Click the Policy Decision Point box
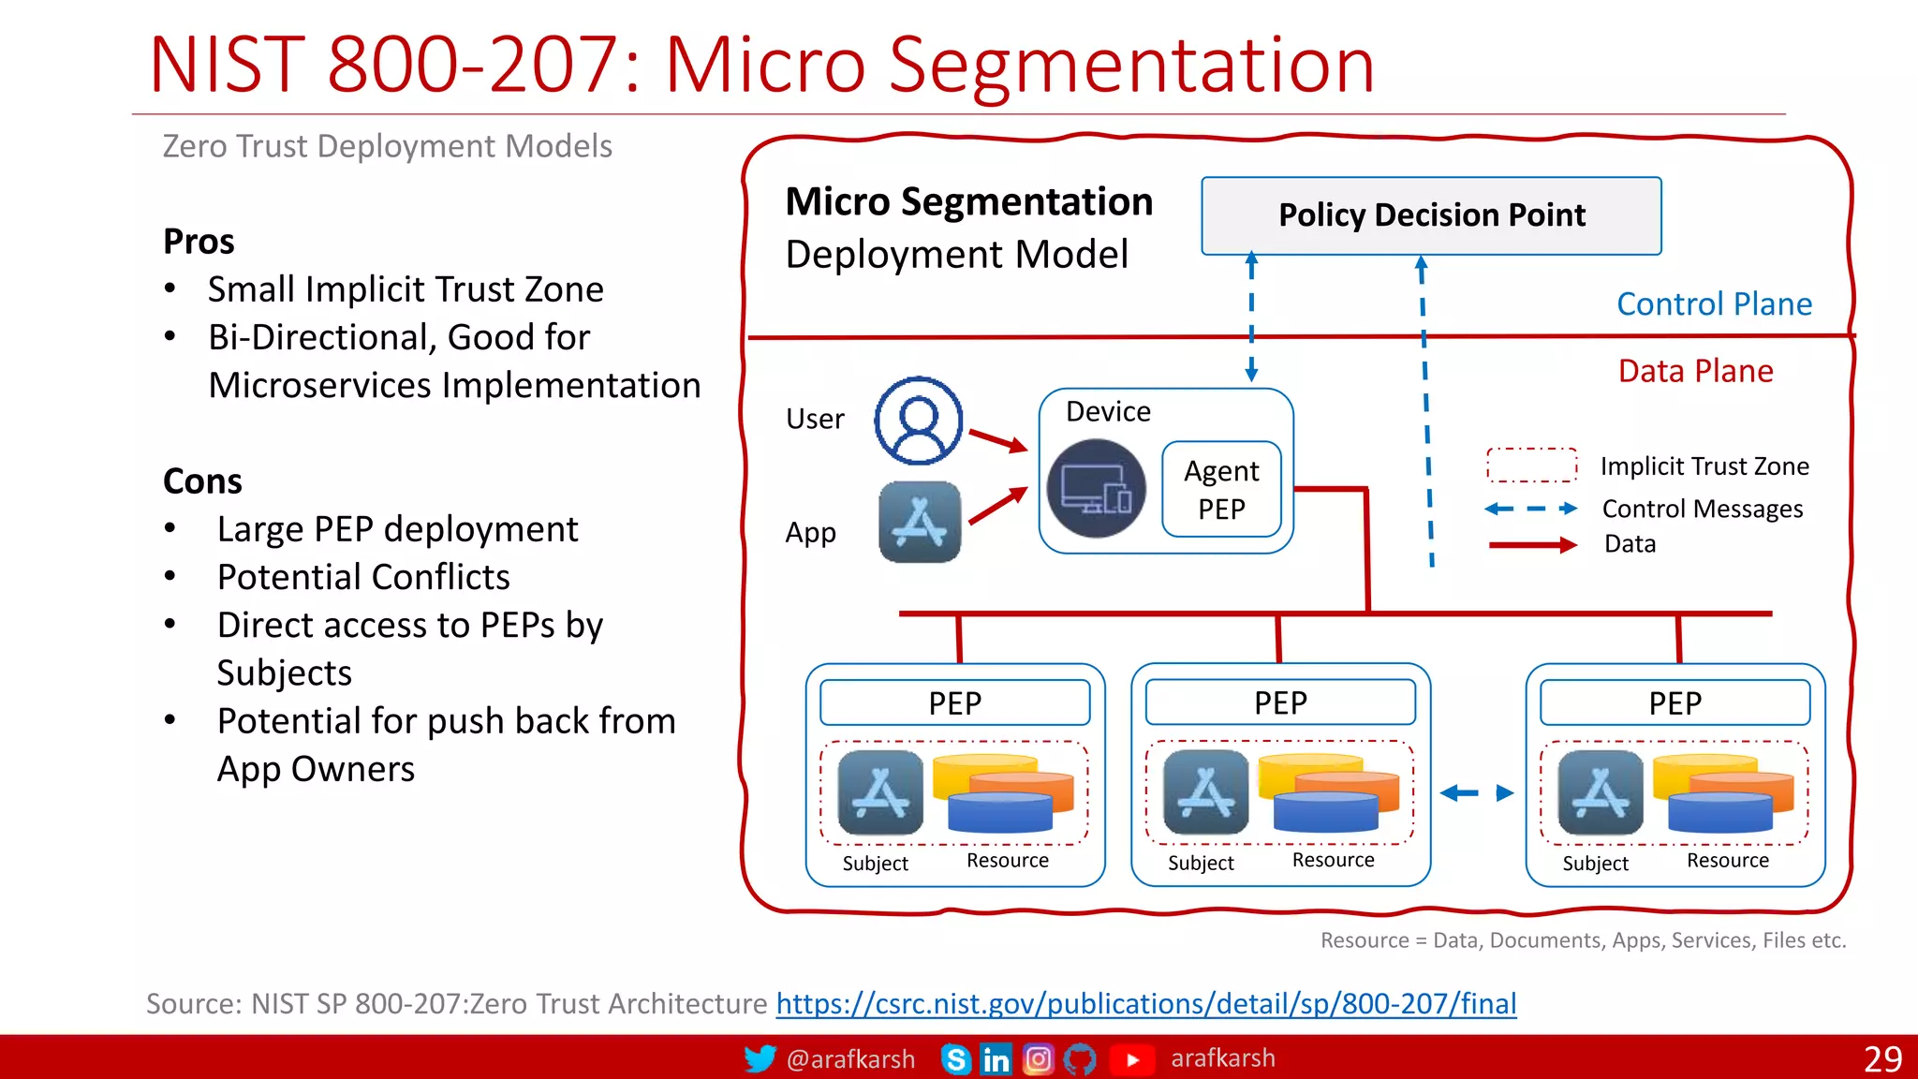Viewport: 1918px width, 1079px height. click(1431, 215)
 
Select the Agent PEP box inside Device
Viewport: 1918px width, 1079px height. click(1221, 489)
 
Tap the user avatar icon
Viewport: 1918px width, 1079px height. click(918, 421)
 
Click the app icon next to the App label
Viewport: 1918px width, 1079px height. click(920, 523)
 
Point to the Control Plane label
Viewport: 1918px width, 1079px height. click(1714, 304)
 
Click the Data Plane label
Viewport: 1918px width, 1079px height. click(1695, 371)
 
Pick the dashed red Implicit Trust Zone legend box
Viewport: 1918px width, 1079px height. click(1531, 465)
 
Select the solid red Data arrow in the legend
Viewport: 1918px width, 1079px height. click(1532, 545)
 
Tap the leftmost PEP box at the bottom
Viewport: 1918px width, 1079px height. click(954, 702)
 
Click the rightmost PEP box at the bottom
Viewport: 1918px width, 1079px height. click(1675, 702)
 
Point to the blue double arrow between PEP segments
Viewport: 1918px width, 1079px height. click(1477, 793)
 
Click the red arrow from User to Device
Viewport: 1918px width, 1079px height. click(997, 440)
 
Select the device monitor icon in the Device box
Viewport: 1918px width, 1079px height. click(1096, 489)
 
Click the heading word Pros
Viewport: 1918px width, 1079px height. click(199, 242)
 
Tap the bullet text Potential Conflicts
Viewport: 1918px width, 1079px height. click(363, 577)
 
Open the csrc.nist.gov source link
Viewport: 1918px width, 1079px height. click(1145, 1004)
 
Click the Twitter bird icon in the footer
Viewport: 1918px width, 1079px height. click(760, 1058)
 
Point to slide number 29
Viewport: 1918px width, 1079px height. click(1881, 1058)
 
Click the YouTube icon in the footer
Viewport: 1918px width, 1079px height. click(1131, 1059)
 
